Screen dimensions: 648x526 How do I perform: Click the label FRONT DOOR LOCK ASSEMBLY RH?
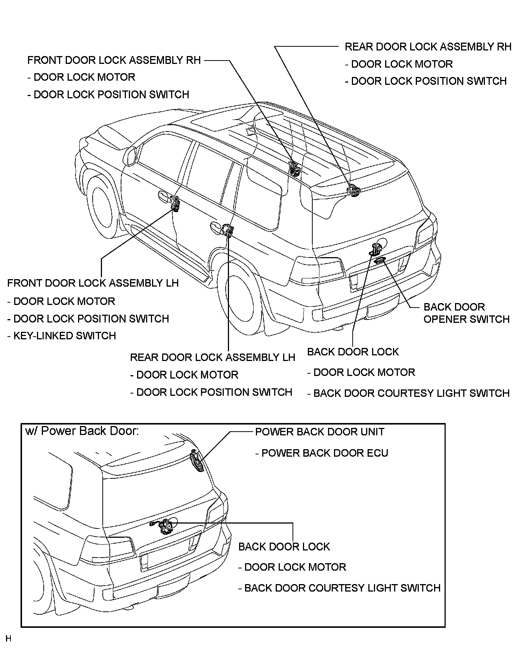click(x=114, y=60)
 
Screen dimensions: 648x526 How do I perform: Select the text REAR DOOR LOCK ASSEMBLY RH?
click(x=428, y=47)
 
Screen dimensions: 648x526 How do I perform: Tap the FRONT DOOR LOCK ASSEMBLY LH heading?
click(x=93, y=283)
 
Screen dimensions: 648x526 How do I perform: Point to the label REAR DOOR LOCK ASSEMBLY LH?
click(x=212, y=358)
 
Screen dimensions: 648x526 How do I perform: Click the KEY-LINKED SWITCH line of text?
click(x=62, y=336)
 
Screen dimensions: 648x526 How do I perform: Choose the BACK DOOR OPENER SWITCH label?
click(x=466, y=313)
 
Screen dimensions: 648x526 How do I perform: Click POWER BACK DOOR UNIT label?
click(x=319, y=432)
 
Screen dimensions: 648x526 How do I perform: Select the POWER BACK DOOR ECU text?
click(x=322, y=453)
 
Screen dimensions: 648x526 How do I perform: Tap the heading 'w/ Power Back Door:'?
click(x=82, y=431)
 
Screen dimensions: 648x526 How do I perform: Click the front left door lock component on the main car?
click(x=175, y=203)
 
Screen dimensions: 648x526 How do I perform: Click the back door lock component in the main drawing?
click(x=375, y=249)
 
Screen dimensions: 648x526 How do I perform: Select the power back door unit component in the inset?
click(x=197, y=461)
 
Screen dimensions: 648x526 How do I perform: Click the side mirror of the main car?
click(x=131, y=156)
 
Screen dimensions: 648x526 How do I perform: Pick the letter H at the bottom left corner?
click(x=8, y=638)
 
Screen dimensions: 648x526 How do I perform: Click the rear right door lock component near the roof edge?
click(x=353, y=190)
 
